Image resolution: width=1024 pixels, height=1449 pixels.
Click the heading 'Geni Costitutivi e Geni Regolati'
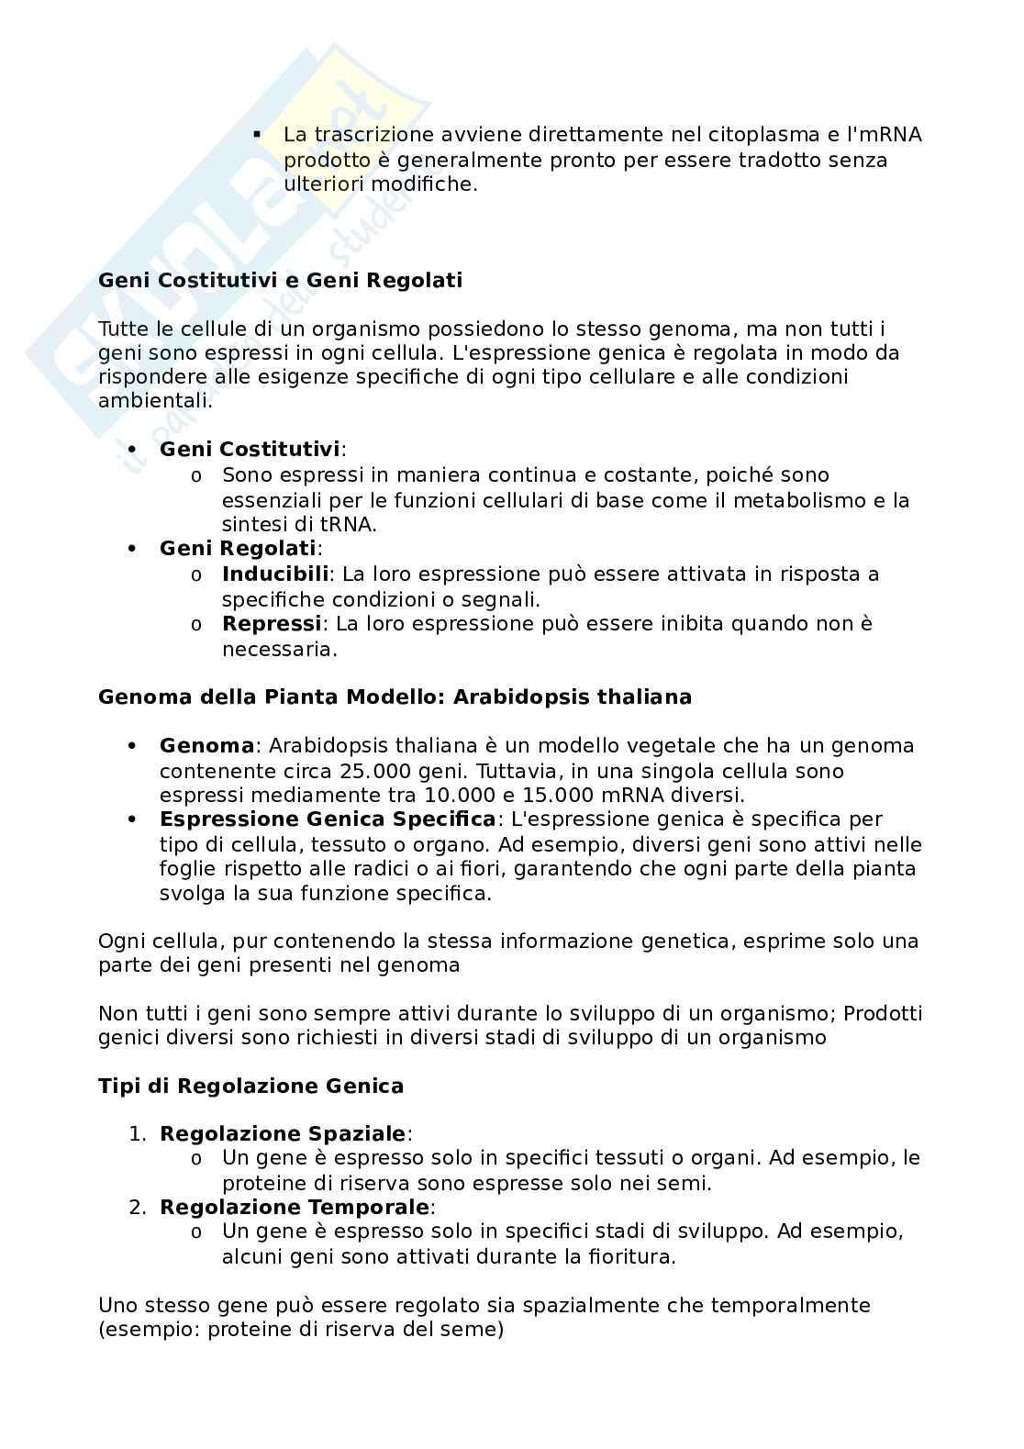(x=280, y=280)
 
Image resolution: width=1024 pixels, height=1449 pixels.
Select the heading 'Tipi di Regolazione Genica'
(x=250, y=1087)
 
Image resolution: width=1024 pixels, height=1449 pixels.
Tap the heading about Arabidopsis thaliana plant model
(x=395, y=697)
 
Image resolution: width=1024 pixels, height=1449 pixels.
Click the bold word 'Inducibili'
(x=275, y=574)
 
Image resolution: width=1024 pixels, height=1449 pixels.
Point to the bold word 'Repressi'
(x=272, y=624)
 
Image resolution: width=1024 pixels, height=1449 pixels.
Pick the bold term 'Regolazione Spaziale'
(x=283, y=1134)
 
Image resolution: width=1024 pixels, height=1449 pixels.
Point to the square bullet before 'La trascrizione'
(x=258, y=135)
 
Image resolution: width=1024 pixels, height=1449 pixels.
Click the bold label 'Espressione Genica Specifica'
(x=328, y=819)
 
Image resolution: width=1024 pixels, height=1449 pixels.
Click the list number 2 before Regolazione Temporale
(x=136, y=1208)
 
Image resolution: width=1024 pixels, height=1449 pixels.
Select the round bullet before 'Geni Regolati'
(x=133, y=549)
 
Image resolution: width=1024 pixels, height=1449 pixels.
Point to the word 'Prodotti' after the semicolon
(x=883, y=1014)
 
